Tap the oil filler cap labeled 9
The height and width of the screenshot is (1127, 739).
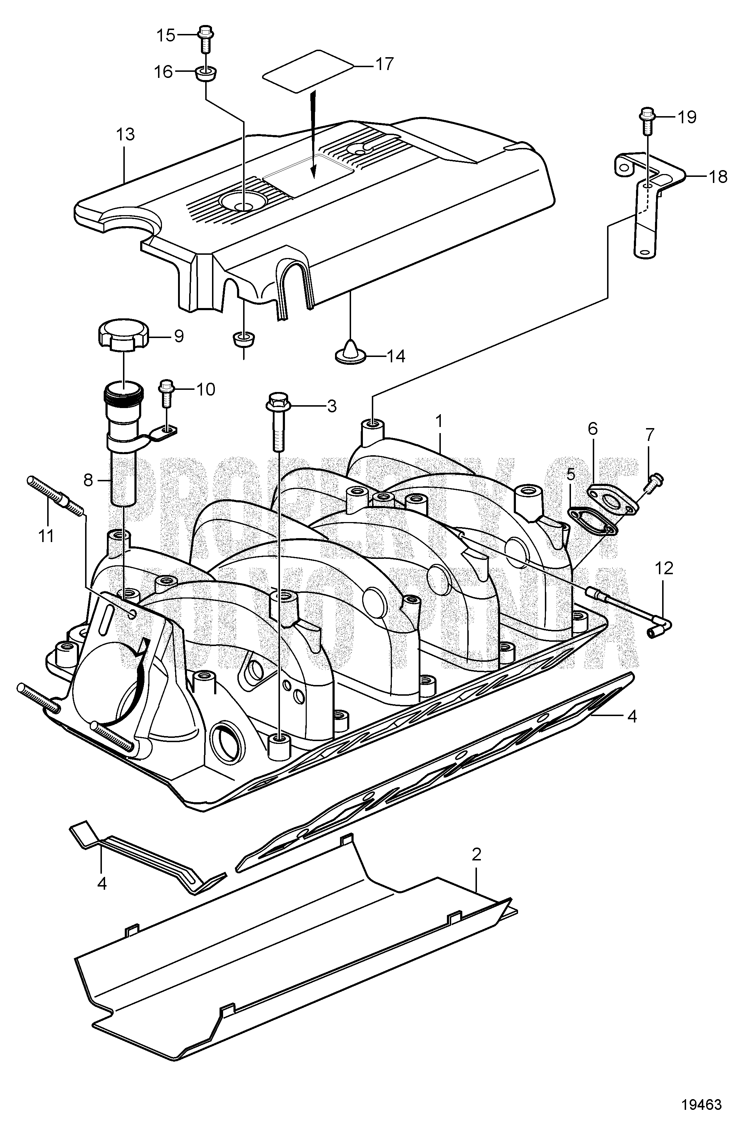pos(123,338)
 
